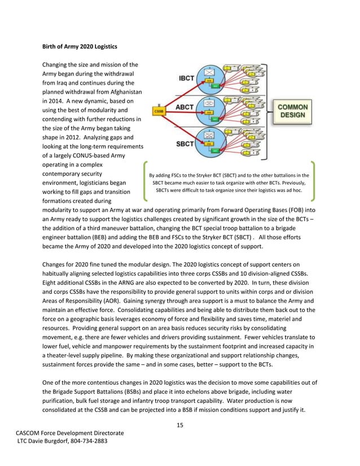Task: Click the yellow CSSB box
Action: (x=159, y=111)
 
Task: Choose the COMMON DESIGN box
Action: (x=292, y=111)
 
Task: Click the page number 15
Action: (x=179, y=424)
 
